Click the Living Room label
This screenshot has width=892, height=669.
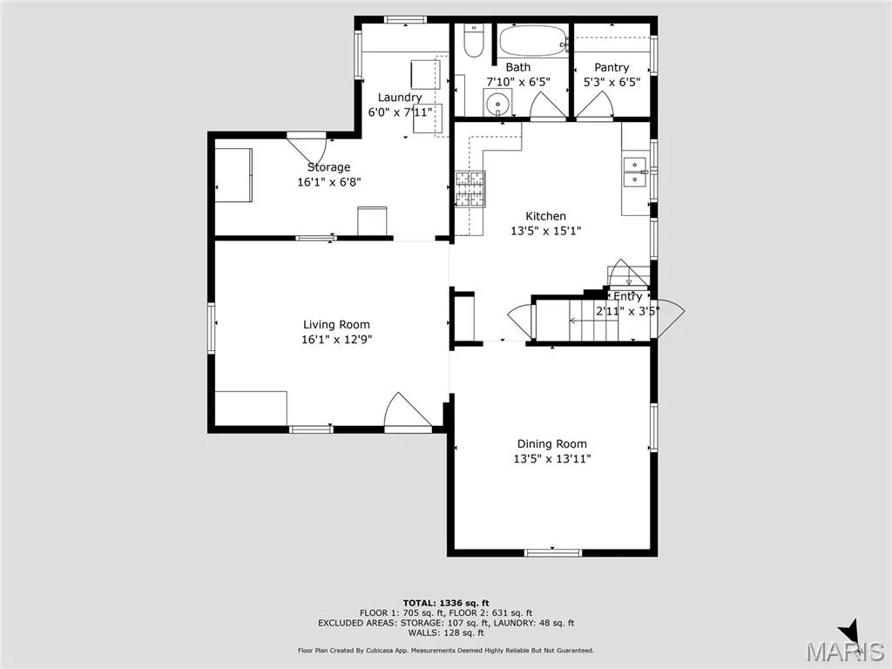coord(336,325)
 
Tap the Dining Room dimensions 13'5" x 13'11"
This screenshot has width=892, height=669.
coord(551,458)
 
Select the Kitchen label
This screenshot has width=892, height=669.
coord(545,216)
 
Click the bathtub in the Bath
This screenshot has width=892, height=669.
coord(534,40)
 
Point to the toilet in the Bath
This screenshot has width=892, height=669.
coord(473,40)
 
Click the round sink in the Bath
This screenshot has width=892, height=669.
coord(497,104)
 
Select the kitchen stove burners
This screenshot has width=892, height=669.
coord(470,188)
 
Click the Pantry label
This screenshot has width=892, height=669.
coord(612,67)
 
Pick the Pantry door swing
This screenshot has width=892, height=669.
coord(594,105)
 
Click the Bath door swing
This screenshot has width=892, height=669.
coord(549,105)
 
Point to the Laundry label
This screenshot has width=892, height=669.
coord(400,98)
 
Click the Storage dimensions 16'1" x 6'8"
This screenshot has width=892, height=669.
coord(329,182)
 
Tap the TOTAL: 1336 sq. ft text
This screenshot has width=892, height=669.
coord(446,603)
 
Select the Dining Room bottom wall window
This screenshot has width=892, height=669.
coord(553,552)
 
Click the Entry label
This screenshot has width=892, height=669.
coord(627,296)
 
